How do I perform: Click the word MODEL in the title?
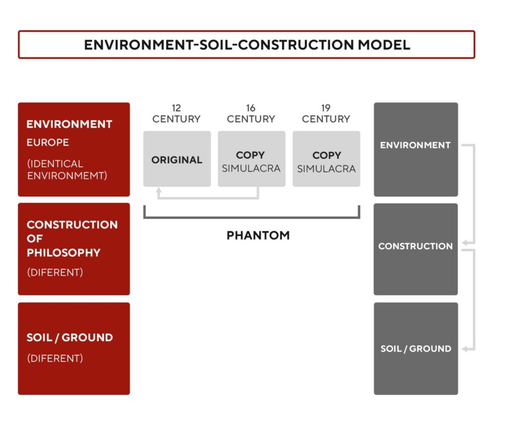click(384, 45)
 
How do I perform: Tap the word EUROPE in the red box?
click(48, 142)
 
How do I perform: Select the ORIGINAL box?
click(177, 159)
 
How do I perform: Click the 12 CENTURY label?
click(176, 114)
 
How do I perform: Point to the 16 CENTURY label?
click(251, 114)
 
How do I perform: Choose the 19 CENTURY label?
click(326, 114)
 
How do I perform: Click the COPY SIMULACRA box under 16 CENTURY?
click(251, 159)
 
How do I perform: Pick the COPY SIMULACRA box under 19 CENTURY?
click(327, 159)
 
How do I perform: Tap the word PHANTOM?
click(258, 235)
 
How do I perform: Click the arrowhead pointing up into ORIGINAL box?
click(159, 190)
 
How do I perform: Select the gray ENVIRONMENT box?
click(416, 149)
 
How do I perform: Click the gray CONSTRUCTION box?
click(416, 249)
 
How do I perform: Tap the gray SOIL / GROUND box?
click(416, 349)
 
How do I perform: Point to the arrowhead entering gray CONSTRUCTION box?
click(464, 243)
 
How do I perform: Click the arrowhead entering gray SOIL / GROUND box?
click(464, 349)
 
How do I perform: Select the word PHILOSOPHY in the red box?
click(64, 253)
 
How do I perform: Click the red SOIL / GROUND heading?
click(70, 338)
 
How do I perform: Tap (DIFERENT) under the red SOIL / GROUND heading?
click(55, 358)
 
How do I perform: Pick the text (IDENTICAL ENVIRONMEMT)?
click(67, 170)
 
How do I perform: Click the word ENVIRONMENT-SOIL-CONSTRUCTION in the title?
click(219, 45)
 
